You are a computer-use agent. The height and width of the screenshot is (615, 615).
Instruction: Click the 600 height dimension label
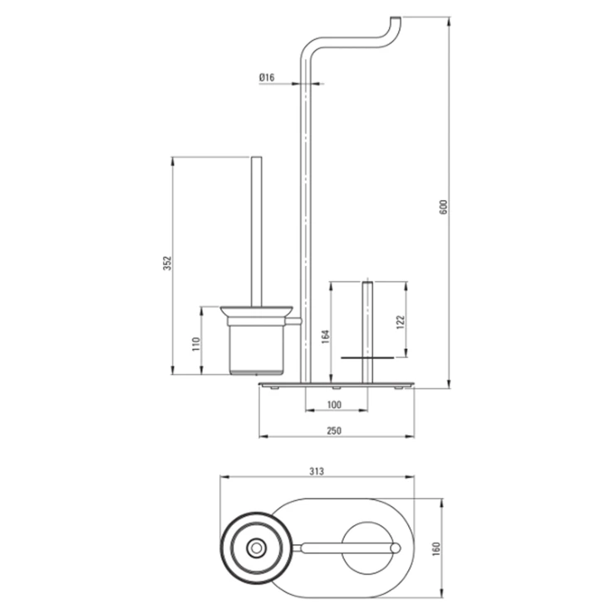pyautogui.click(x=443, y=207)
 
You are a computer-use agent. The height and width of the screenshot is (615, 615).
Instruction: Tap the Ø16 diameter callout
pyautogui.click(x=267, y=77)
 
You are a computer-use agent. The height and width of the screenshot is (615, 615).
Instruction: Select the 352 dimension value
pyautogui.click(x=168, y=263)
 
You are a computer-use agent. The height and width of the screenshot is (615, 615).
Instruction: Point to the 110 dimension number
pyautogui.click(x=196, y=344)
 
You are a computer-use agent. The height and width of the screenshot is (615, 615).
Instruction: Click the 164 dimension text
pyautogui.click(x=326, y=337)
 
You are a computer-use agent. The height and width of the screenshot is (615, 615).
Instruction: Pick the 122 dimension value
pyautogui.click(x=401, y=322)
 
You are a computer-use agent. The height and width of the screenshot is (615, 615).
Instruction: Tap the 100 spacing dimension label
pyautogui.click(x=334, y=405)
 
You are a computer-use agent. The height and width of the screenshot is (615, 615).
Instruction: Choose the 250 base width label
pyautogui.click(x=334, y=430)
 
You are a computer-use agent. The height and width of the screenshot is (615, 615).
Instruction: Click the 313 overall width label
pyautogui.click(x=317, y=471)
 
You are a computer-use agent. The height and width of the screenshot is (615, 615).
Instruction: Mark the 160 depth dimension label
pyautogui.click(x=436, y=549)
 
